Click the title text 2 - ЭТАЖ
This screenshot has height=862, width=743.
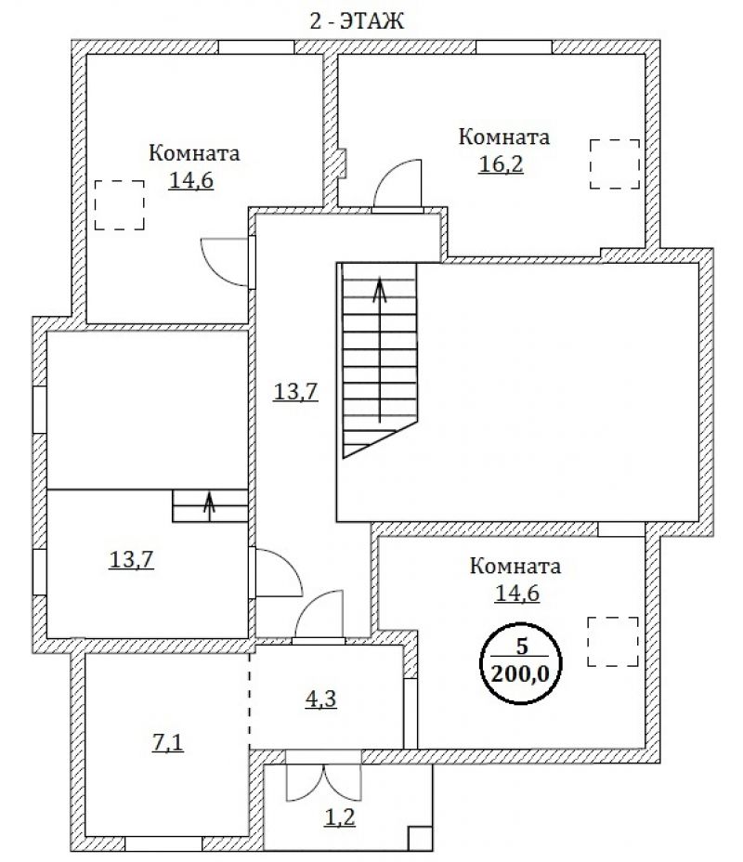tap(357, 20)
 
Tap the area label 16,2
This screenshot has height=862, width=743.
tap(501, 163)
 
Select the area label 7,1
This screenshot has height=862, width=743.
tap(167, 743)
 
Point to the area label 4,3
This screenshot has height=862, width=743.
tap(321, 699)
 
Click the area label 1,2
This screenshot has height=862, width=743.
tap(340, 817)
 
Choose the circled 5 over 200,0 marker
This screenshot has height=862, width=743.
tap(520, 663)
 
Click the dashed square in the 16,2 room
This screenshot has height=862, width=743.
tap(615, 163)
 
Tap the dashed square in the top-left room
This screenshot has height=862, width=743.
tap(119, 204)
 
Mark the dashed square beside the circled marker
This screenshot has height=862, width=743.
tap(613, 642)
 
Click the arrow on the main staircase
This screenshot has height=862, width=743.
tap(380, 350)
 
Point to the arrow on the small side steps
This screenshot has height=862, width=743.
tap(209, 503)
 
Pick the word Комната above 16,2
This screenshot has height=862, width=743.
tap(504, 137)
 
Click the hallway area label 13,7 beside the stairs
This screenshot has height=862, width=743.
tap(295, 391)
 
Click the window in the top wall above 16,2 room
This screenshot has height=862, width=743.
tap(514, 46)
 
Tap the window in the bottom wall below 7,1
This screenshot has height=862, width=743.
tap(163, 843)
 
